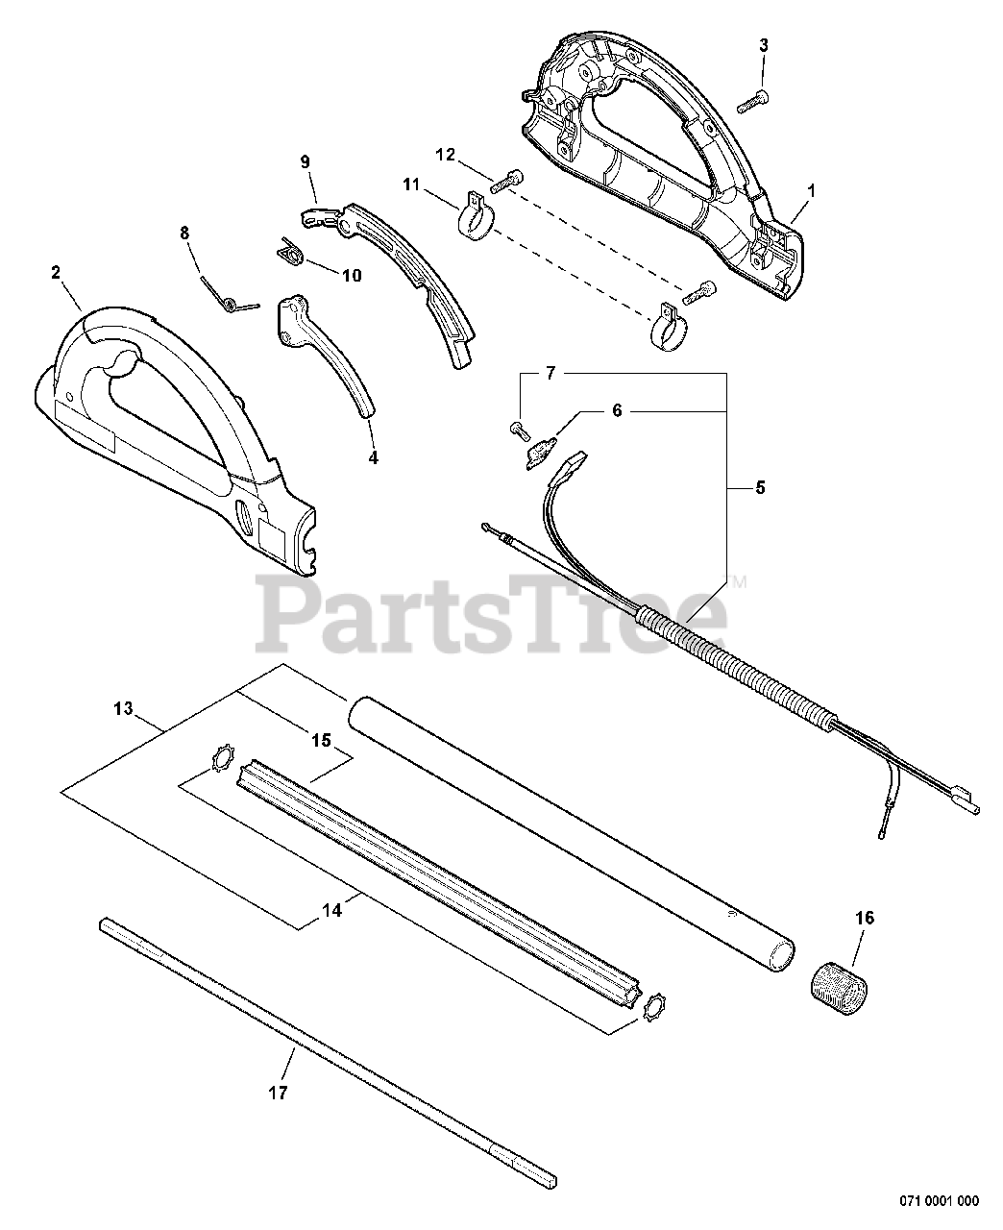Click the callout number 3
pyautogui.click(x=764, y=44)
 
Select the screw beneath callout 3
pyautogui.click(x=752, y=97)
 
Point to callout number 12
pyautogui.click(x=446, y=154)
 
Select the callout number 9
pyautogui.click(x=306, y=162)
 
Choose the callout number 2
pyautogui.click(x=57, y=272)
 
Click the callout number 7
pyautogui.click(x=550, y=373)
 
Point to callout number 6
pyautogui.click(x=617, y=410)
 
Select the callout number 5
pyautogui.click(x=760, y=487)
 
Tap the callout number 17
pyautogui.click(x=281, y=1093)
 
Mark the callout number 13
pyautogui.click(x=122, y=709)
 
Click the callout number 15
pyautogui.click(x=321, y=740)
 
